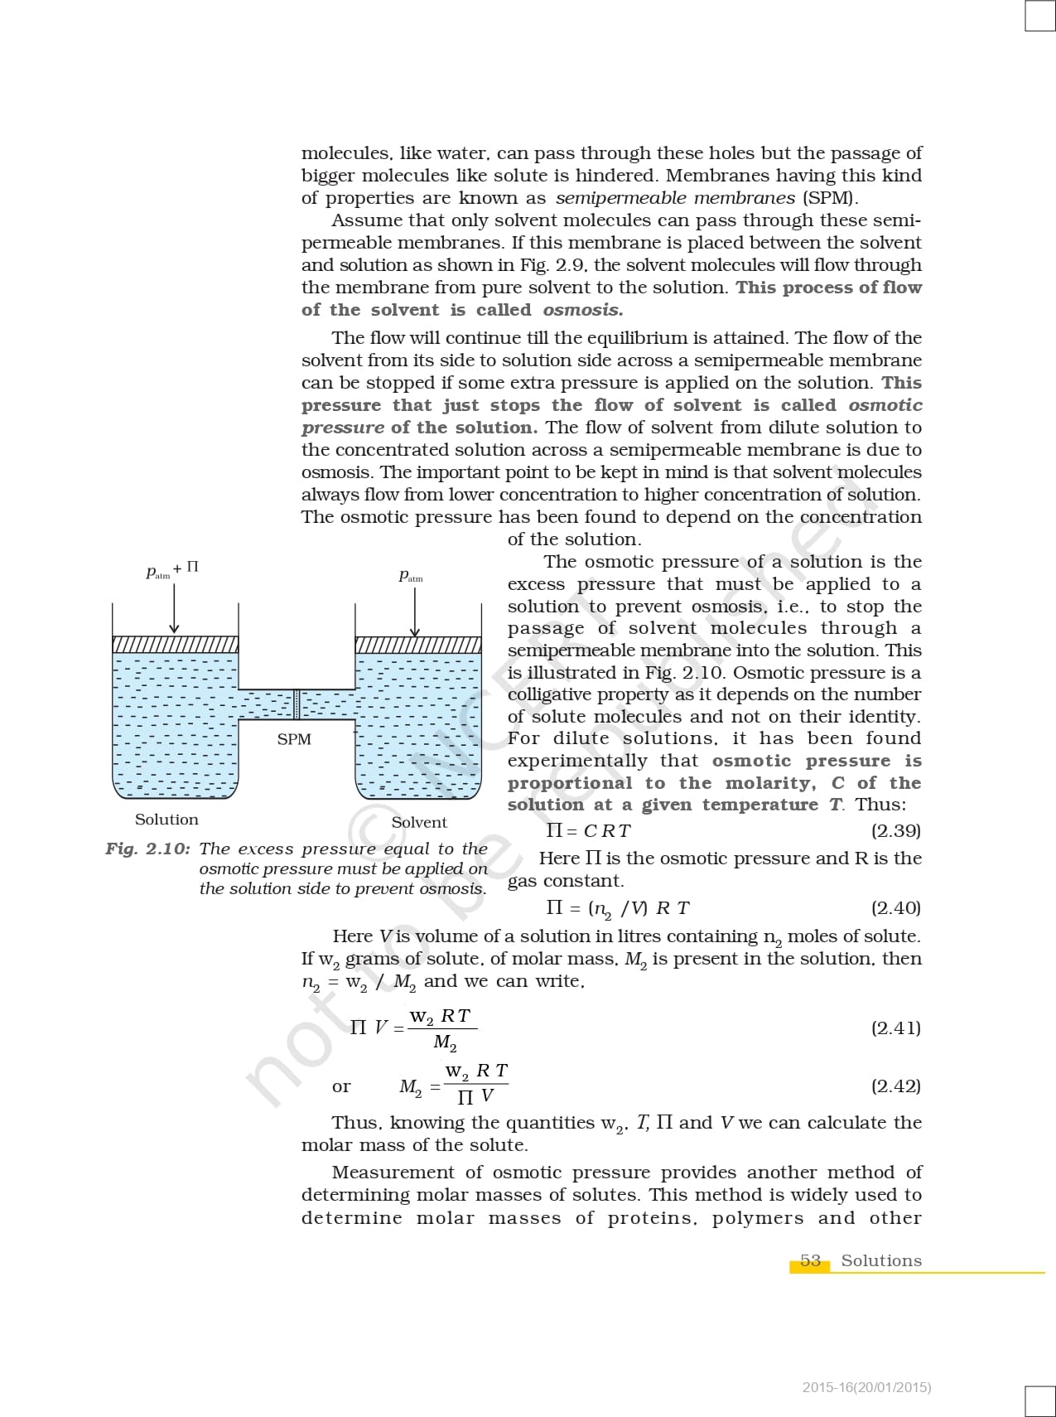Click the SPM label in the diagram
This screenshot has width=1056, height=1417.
coord(294,739)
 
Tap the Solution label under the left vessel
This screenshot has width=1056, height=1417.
coord(166,820)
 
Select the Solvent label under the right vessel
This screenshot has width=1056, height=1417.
coord(419,822)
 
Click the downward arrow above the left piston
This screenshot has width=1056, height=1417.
coord(174,609)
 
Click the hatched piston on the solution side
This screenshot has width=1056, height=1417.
coord(176,645)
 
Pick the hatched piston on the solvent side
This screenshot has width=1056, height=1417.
coord(418,645)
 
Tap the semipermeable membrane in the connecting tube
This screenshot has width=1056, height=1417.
coord(297,704)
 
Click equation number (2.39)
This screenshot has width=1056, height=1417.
coord(895,831)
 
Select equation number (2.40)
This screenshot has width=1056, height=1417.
coord(895,908)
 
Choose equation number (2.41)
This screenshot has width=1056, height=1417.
coord(895,1028)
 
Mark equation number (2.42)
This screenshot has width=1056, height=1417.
coord(895,1086)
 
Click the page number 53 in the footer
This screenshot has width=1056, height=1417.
coord(810,1260)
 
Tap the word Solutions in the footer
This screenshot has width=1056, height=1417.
coord(881,1260)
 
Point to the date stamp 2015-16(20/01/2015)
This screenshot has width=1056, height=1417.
coord(866,1387)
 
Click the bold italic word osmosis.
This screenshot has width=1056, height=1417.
coord(582,310)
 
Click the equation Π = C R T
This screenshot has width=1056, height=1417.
coord(588,831)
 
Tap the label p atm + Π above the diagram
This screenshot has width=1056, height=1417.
coord(172,569)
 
